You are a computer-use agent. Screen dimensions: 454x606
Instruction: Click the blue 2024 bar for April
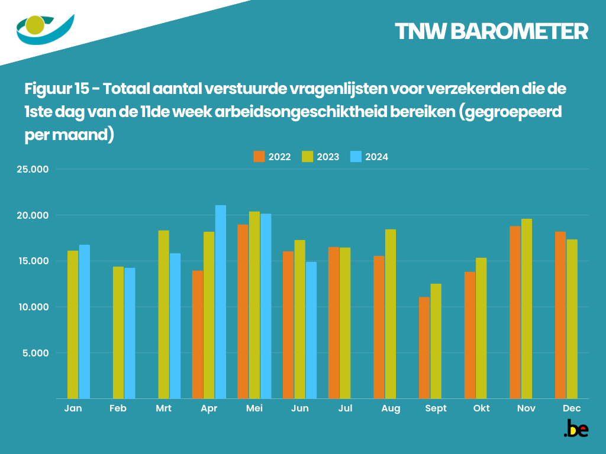click(220, 301)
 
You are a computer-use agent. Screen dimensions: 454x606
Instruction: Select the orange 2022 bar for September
click(424, 348)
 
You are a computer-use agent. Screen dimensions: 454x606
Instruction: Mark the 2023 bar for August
click(391, 314)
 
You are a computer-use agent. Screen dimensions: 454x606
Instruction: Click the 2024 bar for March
click(175, 326)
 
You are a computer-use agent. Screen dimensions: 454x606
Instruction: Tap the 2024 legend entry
click(369, 157)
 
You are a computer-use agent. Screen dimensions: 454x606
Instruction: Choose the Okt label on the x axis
click(481, 408)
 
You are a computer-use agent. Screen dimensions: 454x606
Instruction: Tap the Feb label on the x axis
click(118, 408)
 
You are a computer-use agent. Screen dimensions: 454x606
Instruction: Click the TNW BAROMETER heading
click(491, 32)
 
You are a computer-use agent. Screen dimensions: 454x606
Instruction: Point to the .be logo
click(575, 429)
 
